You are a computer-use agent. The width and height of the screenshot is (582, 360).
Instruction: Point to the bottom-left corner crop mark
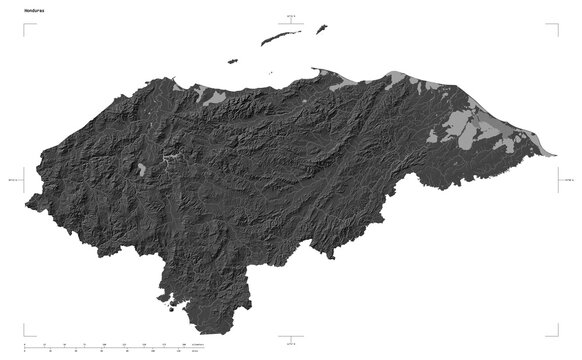click(x=26, y=334)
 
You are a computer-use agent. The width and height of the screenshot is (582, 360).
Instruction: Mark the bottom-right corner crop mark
click(x=556, y=334)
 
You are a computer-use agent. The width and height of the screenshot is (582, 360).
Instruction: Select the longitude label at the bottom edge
click(x=291, y=344)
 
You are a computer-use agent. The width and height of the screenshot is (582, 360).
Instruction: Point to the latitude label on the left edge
click(x=13, y=180)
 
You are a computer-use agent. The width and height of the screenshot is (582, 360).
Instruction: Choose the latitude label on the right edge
click(x=567, y=180)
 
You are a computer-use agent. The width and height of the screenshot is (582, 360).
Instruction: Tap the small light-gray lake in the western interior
click(x=143, y=168)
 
